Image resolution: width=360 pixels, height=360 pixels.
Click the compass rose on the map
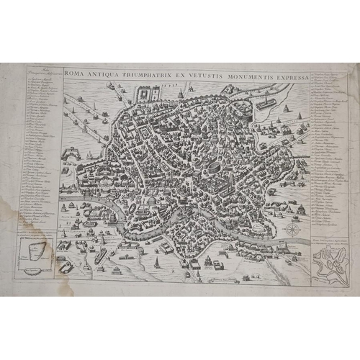[x=294, y=230]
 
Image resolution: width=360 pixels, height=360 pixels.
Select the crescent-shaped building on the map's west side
[x=76, y=153]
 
